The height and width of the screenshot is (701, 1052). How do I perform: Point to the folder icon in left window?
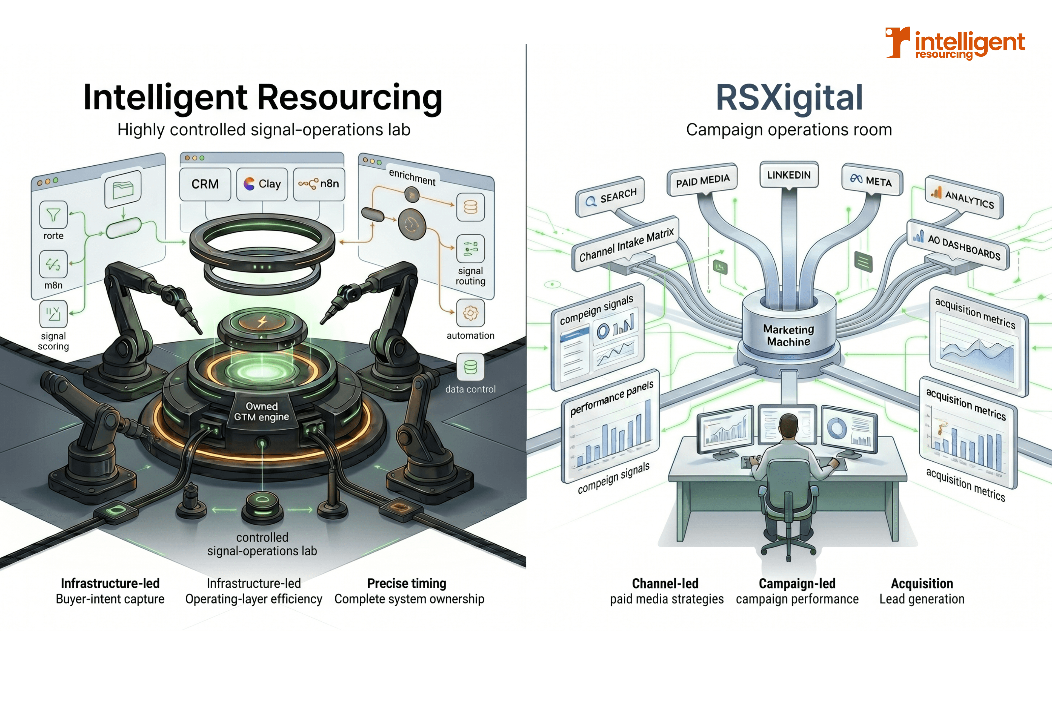122,189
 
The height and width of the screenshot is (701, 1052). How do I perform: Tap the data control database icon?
470,367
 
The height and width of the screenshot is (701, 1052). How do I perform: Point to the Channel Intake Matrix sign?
626,245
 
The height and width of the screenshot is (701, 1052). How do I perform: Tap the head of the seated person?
788,425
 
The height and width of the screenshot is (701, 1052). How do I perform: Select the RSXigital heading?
789,97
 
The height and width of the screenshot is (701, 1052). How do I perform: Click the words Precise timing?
407,584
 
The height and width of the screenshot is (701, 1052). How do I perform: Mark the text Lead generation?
922,599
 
